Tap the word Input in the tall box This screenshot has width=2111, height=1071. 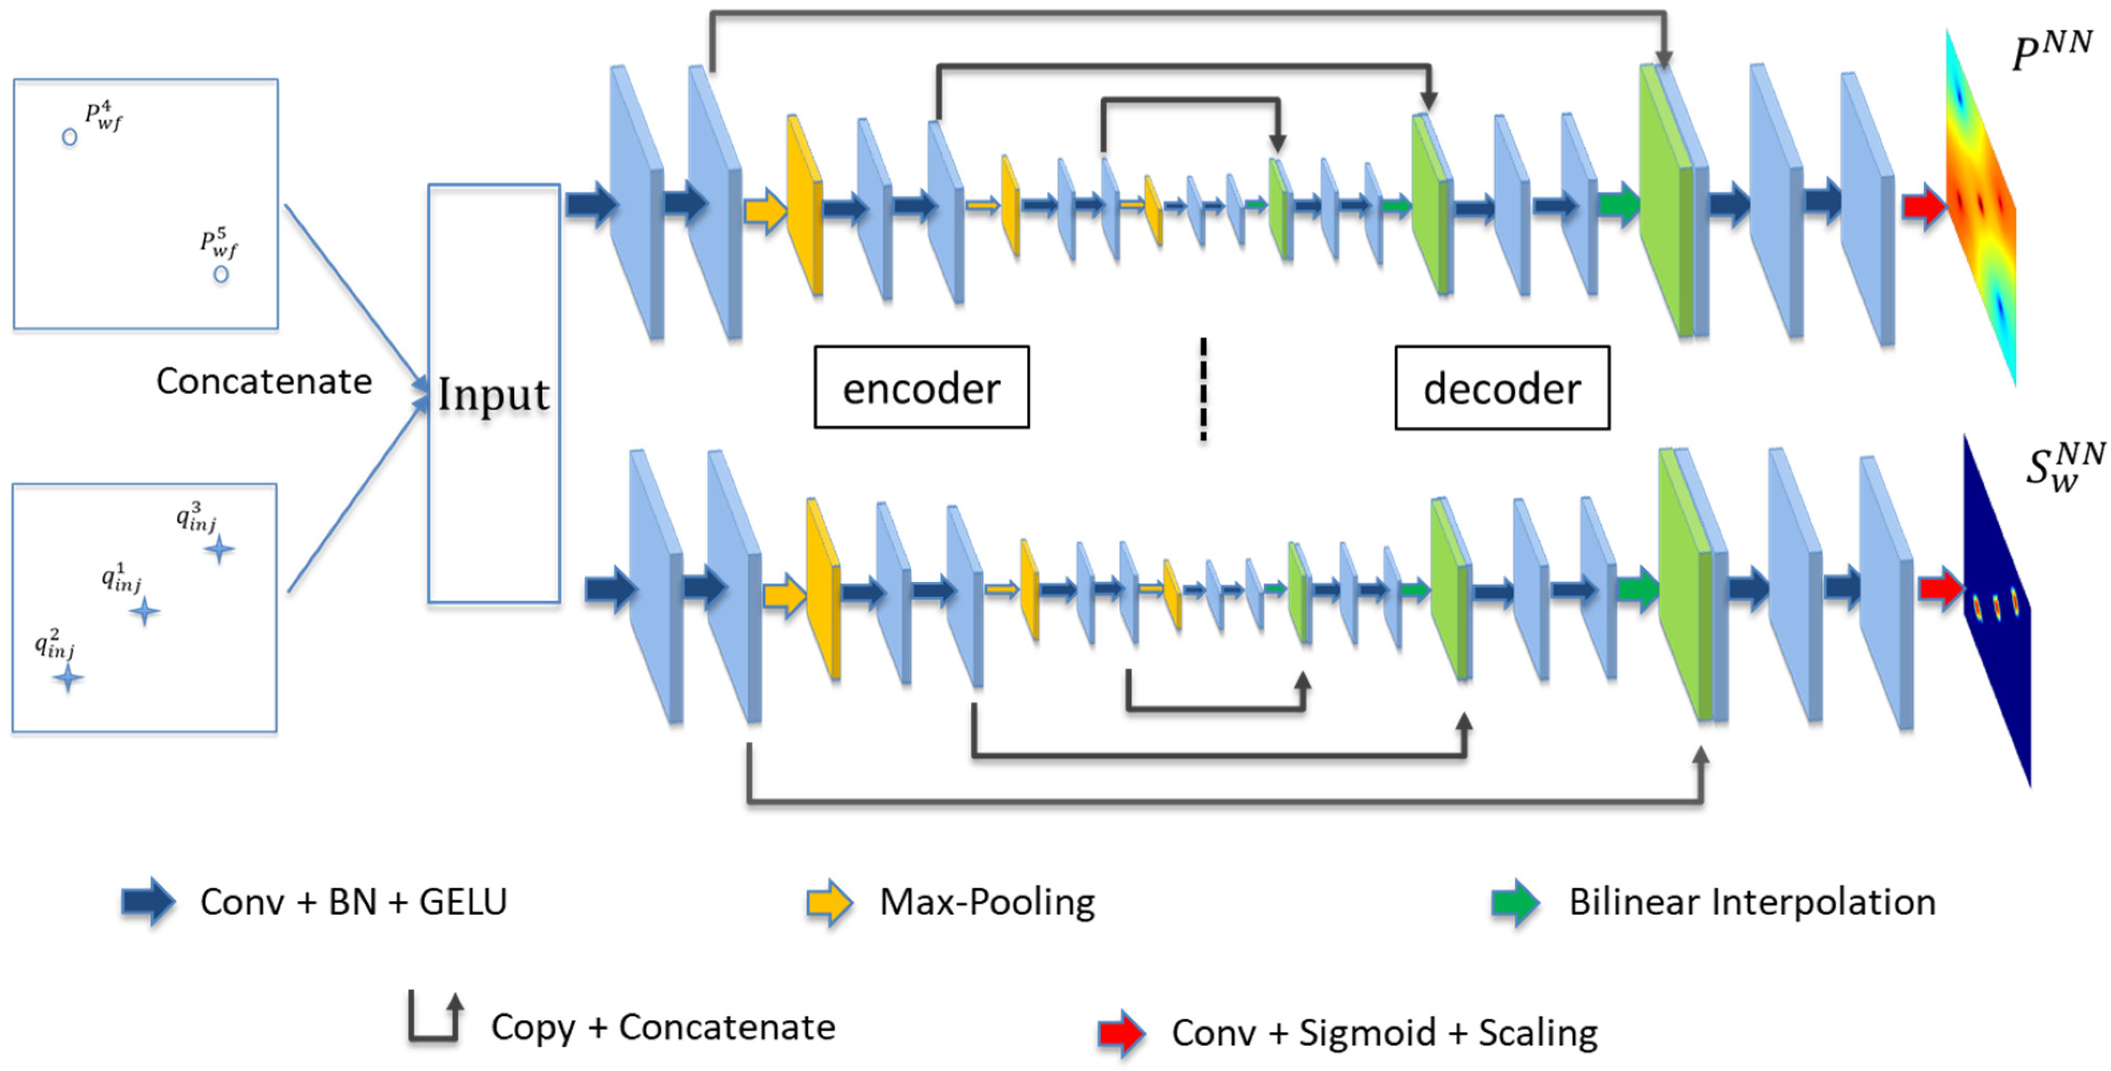pos(494,395)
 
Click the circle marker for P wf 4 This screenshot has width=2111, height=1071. pos(70,137)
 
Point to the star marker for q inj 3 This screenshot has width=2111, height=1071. pos(219,549)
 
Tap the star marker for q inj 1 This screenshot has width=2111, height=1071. pos(145,610)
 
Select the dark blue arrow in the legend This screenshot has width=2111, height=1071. pos(148,902)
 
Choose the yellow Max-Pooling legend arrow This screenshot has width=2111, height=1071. pos(829,902)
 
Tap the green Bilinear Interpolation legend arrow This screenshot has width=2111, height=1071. pos(1514,902)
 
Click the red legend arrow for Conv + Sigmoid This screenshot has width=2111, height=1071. pos(1120,1032)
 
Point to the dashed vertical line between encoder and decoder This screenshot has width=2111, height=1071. pos(1203,389)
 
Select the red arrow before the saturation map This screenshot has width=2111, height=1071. pos(1940,588)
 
